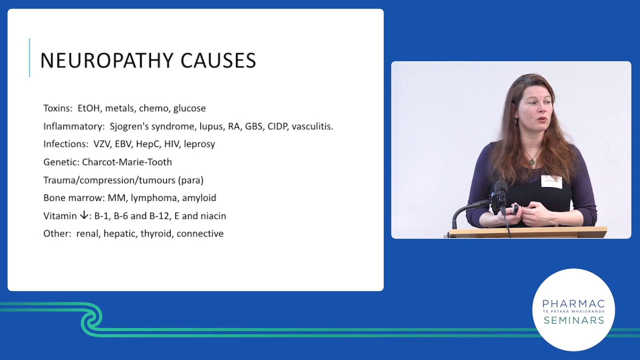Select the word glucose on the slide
(189, 108)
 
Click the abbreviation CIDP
(278, 126)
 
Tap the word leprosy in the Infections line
(199, 144)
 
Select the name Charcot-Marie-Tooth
(127, 162)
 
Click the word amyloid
(199, 198)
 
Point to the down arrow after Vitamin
(83, 215)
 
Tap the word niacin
(213, 216)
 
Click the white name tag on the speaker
(551, 181)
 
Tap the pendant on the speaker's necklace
(531, 161)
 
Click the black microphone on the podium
(499, 192)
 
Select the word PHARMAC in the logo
(573, 304)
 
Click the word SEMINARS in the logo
(573, 320)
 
